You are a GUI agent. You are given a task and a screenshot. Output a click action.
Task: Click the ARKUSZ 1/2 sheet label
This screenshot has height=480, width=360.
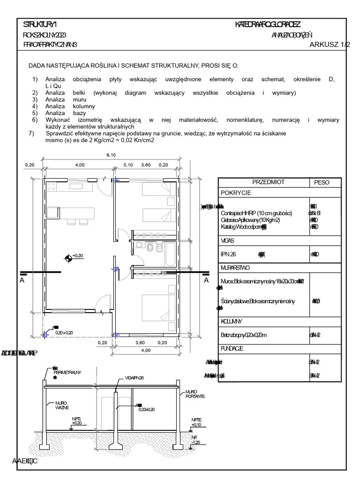(330, 45)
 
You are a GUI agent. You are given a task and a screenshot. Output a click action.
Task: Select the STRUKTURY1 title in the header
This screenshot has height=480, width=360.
(40, 24)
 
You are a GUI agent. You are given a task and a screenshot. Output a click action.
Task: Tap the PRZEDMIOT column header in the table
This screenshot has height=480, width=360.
(269, 182)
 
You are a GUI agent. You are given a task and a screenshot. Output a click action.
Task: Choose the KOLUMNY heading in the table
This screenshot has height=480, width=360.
(231, 322)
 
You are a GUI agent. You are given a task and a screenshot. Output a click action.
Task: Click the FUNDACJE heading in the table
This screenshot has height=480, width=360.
(232, 349)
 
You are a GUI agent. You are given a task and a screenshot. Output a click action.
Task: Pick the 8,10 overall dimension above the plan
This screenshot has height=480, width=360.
(111, 155)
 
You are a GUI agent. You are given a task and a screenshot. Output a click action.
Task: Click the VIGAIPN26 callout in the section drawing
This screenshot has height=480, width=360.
(134, 377)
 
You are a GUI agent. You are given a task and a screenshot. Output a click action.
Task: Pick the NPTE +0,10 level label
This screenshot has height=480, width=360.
(196, 422)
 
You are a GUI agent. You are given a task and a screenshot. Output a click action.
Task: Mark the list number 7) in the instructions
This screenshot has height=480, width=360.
(31, 134)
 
